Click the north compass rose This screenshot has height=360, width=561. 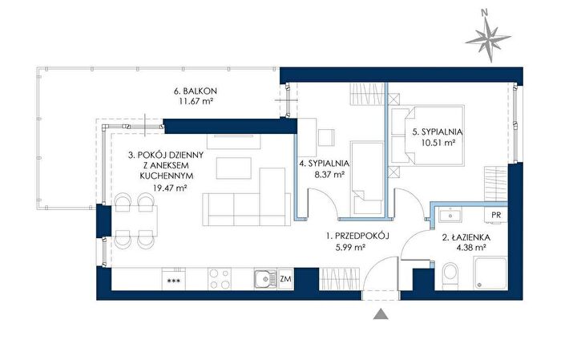(487, 38)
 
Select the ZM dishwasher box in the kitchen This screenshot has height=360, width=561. (285, 279)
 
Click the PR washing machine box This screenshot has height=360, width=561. (496, 216)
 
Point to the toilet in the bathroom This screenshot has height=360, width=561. (450, 276)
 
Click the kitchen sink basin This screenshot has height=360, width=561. (265, 279)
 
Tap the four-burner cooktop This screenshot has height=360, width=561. (220, 279)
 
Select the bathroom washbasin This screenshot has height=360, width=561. (450, 216)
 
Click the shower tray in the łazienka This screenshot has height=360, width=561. (490, 273)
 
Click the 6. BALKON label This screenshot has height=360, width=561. (196, 91)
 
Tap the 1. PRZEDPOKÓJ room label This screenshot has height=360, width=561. (357, 236)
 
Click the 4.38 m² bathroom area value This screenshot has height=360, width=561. (471, 247)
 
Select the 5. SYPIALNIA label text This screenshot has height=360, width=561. (438, 131)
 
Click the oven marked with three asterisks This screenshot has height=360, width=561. (174, 279)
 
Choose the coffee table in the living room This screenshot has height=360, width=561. (234, 168)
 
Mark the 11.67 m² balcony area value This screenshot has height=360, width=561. (196, 102)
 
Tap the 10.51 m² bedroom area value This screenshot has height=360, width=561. (438, 143)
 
